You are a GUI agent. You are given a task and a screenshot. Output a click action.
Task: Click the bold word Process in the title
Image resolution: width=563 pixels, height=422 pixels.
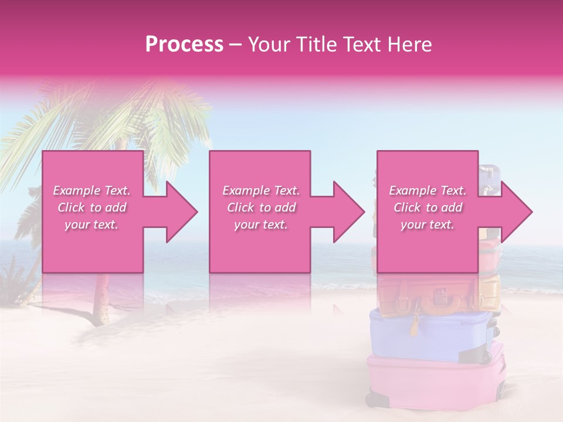pos(184,45)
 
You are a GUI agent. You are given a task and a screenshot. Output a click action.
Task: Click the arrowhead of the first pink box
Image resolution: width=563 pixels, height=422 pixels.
pos(179,212)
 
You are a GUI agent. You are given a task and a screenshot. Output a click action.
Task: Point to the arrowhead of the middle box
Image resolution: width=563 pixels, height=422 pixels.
pos(346,212)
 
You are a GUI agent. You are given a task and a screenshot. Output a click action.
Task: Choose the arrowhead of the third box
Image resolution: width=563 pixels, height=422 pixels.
pos(513,212)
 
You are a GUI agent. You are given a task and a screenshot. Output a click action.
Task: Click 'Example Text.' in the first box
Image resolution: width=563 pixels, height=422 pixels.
pos(91,190)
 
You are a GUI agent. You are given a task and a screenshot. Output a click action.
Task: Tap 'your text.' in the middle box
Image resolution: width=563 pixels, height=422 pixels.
pos(260,224)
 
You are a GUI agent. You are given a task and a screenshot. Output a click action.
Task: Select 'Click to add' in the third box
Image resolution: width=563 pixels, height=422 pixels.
pos(428,207)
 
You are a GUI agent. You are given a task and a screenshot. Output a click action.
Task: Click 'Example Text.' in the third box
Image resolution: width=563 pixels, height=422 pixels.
pos(428,190)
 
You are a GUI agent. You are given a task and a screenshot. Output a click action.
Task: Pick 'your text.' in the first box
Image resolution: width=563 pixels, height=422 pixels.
pos(91,224)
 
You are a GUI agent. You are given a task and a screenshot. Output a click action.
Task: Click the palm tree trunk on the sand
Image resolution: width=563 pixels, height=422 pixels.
pos(103,299)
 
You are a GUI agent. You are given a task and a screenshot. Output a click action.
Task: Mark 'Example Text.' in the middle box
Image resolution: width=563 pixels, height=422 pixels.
pos(260,190)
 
